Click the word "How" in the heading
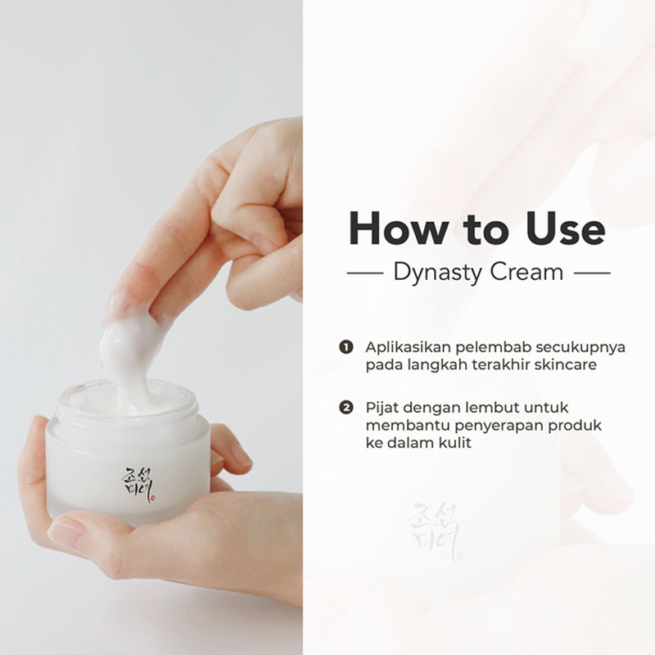pos(398,228)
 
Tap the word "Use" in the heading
pos(565,228)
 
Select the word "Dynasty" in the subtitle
pos(438,273)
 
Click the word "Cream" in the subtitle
pos(526,272)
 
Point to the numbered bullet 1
pos(346,347)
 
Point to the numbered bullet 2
pos(346,407)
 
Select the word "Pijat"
pos(381,408)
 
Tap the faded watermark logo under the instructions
pos(435,531)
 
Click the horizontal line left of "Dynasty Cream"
pos(365,273)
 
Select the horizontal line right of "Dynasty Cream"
pos(592,273)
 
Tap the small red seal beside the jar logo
pos(153,498)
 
